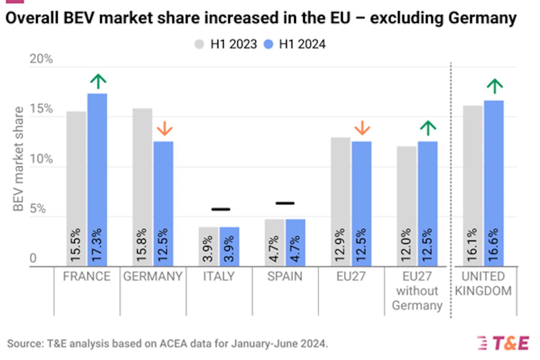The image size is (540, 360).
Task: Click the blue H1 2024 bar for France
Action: tap(97, 180)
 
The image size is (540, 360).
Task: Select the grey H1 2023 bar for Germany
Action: tap(142, 187)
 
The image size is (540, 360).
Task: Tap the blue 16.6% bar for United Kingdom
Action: tap(494, 184)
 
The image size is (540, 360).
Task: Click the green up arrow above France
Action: tap(98, 81)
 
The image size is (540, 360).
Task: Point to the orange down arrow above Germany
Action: tap(165, 128)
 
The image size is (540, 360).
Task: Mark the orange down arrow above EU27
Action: tap(362, 128)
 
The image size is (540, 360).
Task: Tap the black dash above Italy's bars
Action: tap(221, 209)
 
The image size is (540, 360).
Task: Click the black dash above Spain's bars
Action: tap(285, 203)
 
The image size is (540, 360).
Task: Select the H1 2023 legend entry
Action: tap(226, 44)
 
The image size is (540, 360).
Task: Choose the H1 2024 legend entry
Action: tap(295, 44)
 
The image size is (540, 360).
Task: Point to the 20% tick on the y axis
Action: tap(41, 59)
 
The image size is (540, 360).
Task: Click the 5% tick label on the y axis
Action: tap(37, 208)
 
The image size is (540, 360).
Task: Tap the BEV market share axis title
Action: tap(18, 158)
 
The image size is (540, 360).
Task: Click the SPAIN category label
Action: tap(285, 276)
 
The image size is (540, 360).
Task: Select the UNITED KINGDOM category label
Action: tap(483, 284)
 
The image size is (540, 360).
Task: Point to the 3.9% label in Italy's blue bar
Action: tap(229, 248)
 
